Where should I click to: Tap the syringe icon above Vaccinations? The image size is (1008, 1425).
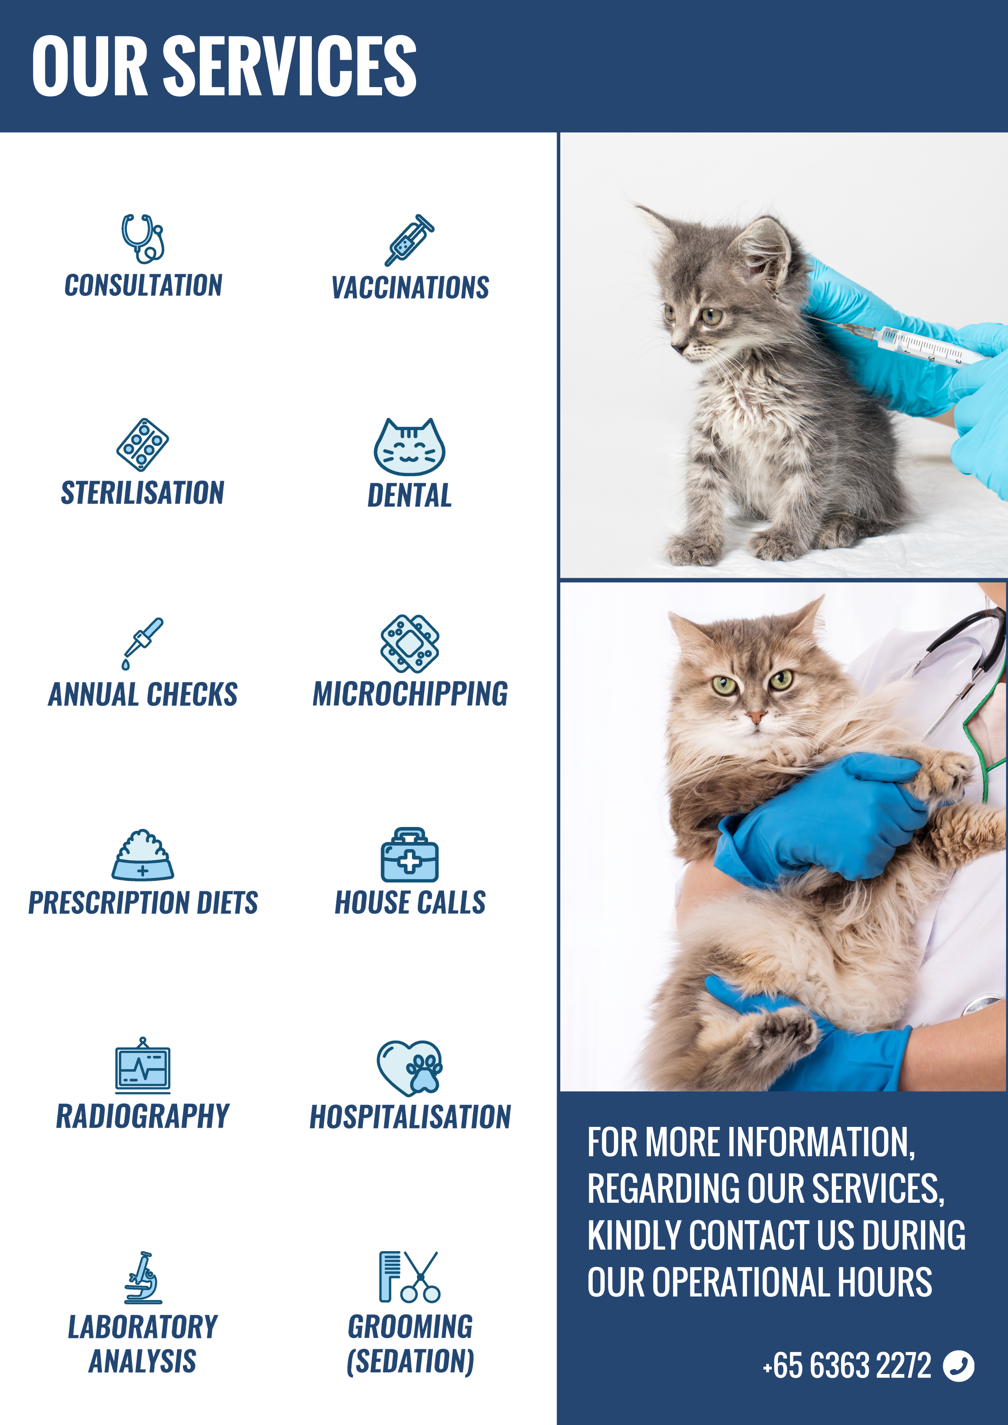(409, 240)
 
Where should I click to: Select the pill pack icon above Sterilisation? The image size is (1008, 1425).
(143, 445)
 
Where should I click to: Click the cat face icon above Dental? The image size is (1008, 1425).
(409, 447)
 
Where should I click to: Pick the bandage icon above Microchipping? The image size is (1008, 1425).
(410, 644)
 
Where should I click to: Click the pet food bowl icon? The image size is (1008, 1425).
(143, 855)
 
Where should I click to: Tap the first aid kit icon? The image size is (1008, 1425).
(410, 855)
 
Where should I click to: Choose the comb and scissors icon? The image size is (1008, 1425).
(410, 1277)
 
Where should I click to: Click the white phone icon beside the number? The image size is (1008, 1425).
(958, 1366)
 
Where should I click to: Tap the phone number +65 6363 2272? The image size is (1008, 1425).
(847, 1366)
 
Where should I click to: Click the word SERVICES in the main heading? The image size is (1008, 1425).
(289, 66)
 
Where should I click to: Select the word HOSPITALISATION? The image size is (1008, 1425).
(410, 1117)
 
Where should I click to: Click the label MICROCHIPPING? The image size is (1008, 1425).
(410, 694)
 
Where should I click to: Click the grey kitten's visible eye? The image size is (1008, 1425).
(711, 317)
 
